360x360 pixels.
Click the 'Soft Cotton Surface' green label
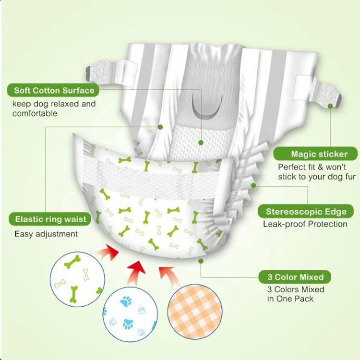tap(54, 90)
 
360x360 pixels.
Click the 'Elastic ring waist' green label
tap(50, 219)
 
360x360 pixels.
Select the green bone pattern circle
tap(76, 277)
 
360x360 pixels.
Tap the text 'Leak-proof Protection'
tap(305, 224)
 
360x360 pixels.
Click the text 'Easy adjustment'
tap(46, 234)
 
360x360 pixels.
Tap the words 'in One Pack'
tap(290, 299)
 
